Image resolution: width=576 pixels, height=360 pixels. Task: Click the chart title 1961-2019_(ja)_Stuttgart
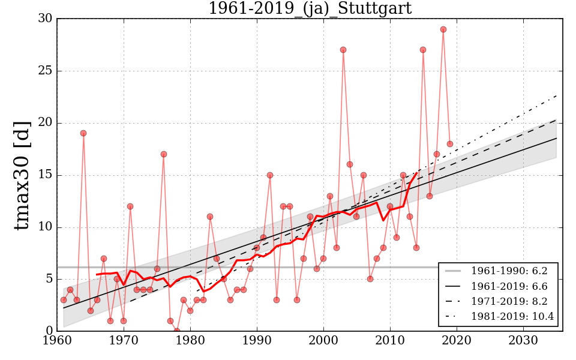tap(310, 8)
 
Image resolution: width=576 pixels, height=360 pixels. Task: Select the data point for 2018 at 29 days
tap(443, 29)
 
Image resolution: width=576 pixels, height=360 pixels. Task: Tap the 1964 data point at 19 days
tap(83, 133)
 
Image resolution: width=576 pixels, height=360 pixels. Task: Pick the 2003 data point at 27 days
tap(343, 50)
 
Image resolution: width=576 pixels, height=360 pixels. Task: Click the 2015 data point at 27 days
tap(423, 50)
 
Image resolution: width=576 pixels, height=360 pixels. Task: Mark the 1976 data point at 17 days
tap(164, 154)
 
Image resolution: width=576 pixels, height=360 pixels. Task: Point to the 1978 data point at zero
tap(177, 331)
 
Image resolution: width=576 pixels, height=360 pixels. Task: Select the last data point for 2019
tap(450, 144)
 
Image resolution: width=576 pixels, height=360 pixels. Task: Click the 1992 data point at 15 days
tap(270, 175)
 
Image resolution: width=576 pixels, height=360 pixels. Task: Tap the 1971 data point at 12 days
tap(130, 206)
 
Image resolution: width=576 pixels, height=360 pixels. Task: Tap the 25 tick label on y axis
tap(44, 71)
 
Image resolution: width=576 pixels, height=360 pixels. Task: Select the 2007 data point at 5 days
tap(370, 279)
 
